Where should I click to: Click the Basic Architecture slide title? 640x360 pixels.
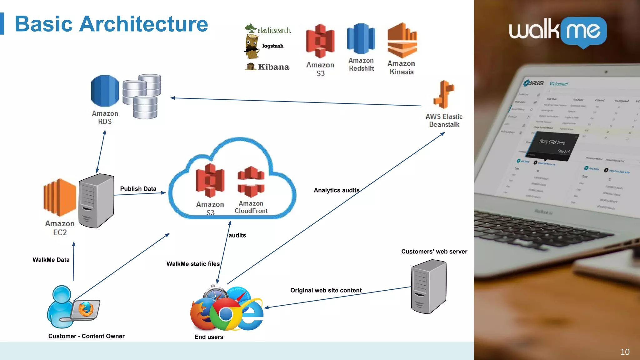[x=111, y=24]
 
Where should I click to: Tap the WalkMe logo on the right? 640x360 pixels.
[x=557, y=31]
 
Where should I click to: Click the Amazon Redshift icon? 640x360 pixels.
[x=361, y=39]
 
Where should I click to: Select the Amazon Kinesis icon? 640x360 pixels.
[x=402, y=41]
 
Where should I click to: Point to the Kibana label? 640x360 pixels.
[x=273, y=67]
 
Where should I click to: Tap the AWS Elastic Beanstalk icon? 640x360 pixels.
[x=444, y=94]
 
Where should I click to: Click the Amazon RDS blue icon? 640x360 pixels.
[x=105, y=91]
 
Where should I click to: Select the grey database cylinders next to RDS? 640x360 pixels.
[x=142, y=96]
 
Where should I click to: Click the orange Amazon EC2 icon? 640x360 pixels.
[x=60, y=197]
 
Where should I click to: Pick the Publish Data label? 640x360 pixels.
[x=138, y=189]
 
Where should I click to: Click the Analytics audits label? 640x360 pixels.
[x=337, y=190]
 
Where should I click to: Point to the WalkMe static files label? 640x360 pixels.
[x=193, y=264]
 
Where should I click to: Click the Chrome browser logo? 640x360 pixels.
[x=225, y=314]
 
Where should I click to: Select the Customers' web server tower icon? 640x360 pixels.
[x=429, y=287]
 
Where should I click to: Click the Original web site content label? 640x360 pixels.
[x=326, y=290]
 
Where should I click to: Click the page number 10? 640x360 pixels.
[x=625, y=352]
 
